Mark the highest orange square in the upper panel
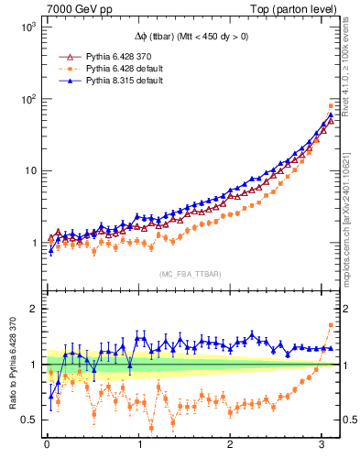point(331,105)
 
